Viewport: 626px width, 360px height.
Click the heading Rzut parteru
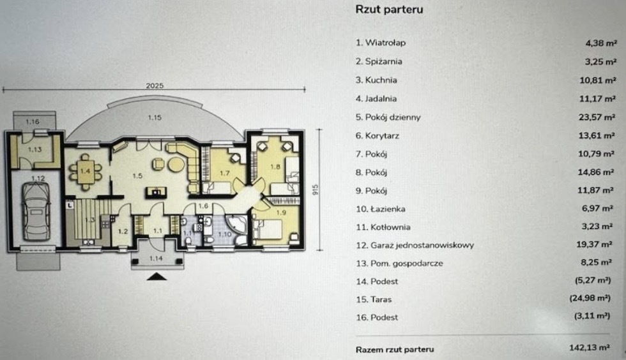(x=389, y=10)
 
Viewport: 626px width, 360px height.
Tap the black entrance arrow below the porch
(x=156, y=276)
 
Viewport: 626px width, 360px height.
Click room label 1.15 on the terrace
(x=154, y=117)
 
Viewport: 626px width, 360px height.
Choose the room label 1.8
(x=276, y=167)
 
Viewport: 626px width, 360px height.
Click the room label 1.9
(x=282, y=213)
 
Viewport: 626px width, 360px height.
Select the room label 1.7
(x=224, y=173)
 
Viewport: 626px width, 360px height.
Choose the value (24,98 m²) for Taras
(x=592, y=299)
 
